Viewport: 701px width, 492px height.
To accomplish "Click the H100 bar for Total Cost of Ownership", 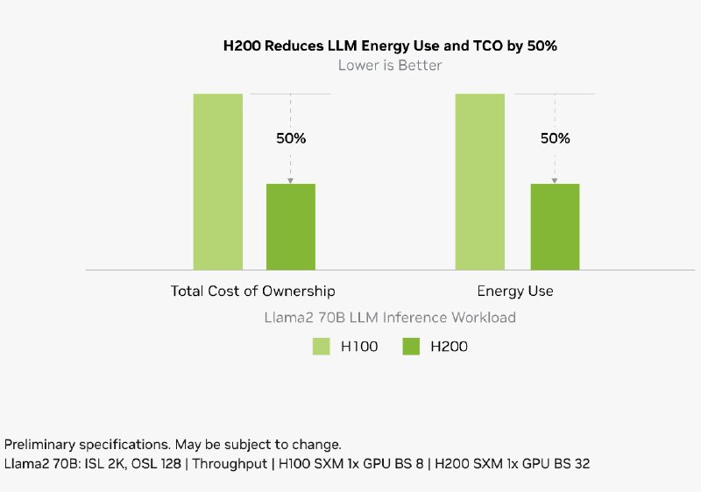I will pos(217,181).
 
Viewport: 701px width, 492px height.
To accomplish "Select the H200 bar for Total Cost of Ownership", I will pos(291,227).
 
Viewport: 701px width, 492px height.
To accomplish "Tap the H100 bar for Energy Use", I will pos(479,181).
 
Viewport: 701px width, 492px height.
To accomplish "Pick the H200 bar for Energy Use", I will pos(555,227).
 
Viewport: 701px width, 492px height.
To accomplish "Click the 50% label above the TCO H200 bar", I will pos(291,138).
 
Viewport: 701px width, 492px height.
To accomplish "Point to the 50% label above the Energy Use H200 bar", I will pos(555,138).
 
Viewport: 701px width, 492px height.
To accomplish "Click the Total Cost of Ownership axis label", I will pos(252,291).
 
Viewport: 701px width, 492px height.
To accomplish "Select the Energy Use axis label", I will pos(515,291).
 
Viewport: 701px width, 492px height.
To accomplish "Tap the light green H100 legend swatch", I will pos(322,347).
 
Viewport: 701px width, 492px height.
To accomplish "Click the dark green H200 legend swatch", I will pos(411,347).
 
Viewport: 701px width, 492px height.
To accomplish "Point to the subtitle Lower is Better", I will pos(390,65).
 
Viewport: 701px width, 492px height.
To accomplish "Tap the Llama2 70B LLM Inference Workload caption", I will pos(390,317).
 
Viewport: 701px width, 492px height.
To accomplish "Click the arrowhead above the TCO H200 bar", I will pos(291,180).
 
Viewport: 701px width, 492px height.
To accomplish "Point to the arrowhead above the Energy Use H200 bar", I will pos(555,180).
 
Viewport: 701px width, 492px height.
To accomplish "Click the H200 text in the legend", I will pos(449,347).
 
